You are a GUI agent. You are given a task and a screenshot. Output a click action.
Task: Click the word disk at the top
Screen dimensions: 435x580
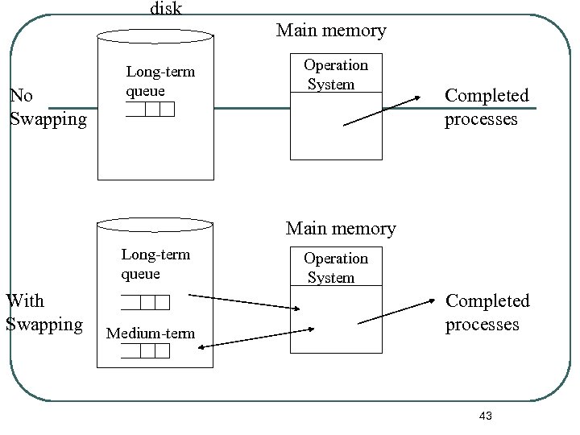pyautogui.click(x=166, y=9)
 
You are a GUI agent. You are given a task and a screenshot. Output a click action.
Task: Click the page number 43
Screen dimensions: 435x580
pyautogui.click(x=485, y=416)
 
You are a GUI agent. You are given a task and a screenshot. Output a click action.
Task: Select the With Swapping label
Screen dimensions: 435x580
pyautogui.click(x=43, y=313)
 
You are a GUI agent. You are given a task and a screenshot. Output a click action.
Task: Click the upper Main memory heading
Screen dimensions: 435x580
pyautogui.click(x=331, y=31)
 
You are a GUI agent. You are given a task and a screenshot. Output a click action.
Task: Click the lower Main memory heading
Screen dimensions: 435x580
pyautogui.click(x=341, y=229)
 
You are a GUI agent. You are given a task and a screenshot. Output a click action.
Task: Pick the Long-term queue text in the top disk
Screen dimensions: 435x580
pyautogui.click(x=160, y=81)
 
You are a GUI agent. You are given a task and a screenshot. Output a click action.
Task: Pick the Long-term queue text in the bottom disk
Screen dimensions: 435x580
pyautogui.click(x=155, y=264)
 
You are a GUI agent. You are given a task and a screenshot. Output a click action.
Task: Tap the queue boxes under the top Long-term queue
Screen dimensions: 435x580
pyautogui.click(x=151, y=110)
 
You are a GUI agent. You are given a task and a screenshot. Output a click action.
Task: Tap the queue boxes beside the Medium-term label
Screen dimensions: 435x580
pyautogui.click(x=146, y=351)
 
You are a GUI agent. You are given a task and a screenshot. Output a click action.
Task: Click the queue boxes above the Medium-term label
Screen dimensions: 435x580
pyautogui.click(x=146, y=302)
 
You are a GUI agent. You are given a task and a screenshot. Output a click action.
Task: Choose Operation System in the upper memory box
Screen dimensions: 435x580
pyautogui.click(x=335, y=74)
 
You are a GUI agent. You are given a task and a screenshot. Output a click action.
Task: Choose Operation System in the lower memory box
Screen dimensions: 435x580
pyautogui.click(x=335, y=267)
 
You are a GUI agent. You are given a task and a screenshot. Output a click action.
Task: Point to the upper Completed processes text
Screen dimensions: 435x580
pyautogui.click(x=487, y=107)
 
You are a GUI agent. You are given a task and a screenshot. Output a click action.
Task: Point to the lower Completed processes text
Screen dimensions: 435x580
pyautogui.click(x=487, y=313)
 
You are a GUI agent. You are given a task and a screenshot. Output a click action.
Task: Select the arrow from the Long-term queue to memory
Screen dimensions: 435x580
pyautogui.click(x=246, y=304)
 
